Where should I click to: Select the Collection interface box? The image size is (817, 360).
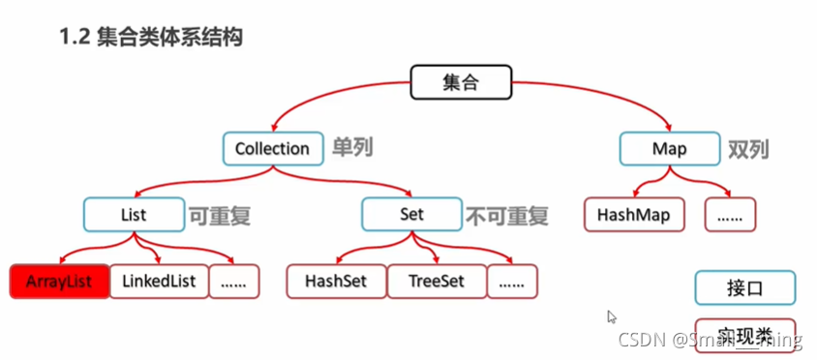pos(272,149)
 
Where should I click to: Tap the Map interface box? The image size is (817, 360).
pos(669,149)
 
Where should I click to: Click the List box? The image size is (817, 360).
pos(135,215)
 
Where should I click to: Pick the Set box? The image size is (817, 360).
pos(411,215)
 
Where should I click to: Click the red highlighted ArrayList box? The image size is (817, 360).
pos(57,281)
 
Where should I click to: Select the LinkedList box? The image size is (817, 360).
pos(159,281)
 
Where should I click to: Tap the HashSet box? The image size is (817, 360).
pos(335,281)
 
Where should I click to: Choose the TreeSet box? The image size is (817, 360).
pos(435,281)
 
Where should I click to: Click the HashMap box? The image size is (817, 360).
pos(633,215)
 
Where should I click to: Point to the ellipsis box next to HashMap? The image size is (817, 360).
pos(731,215)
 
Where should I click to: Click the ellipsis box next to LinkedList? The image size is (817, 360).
pos(233,281)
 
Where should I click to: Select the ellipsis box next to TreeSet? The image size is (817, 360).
pos(511,281)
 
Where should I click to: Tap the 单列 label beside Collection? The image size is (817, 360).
pos(352,149)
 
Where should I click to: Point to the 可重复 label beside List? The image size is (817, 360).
pos(220,215)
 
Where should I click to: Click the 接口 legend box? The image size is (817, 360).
pos(744,288)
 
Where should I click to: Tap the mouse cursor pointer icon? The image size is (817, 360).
pos(611,316)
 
